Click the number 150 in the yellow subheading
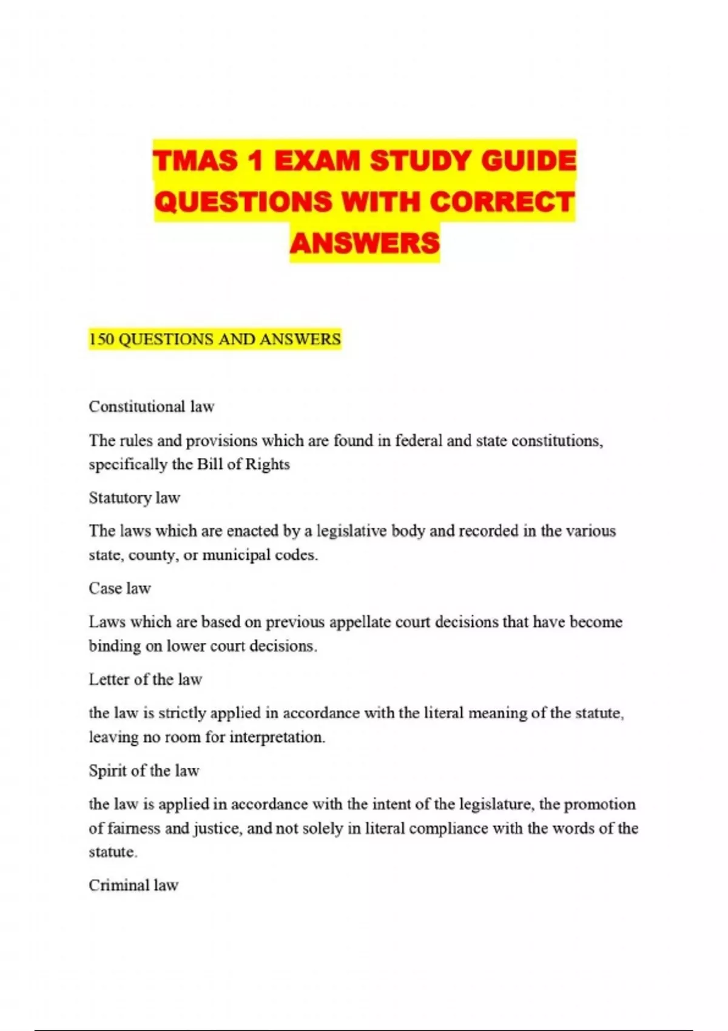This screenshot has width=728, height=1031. tap(101, 339)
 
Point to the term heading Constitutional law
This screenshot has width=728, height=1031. tap(152, 406)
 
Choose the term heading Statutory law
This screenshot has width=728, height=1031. tap(134, 498)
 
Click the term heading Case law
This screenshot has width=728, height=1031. tap(120, 588)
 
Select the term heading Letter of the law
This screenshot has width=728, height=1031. tap(145, 679)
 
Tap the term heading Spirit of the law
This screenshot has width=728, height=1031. tap(144, 771)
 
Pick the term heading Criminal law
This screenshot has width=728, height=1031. tap(133, 885)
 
